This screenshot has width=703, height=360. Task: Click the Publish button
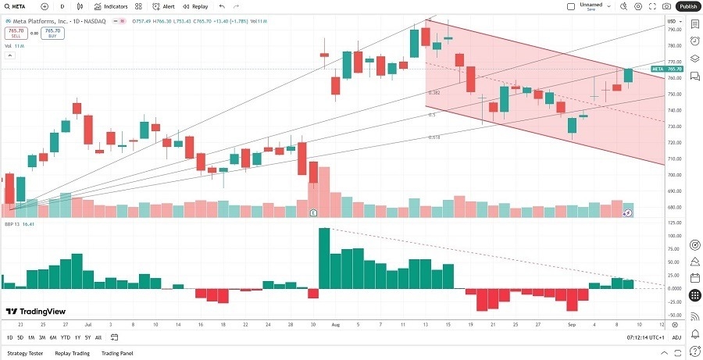[x=687, y=6]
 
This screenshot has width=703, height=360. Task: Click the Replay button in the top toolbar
[x=197, y=6]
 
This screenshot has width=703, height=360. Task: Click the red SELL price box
[x=15, y=33]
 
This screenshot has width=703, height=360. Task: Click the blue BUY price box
[x=53, y=33]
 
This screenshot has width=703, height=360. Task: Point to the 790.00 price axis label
[x=673, y=29]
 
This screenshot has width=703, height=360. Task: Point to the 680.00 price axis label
[x=673, y=208]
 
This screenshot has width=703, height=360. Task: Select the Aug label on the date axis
[x=337, y=323]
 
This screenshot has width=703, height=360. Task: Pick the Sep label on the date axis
[x=572, y=323]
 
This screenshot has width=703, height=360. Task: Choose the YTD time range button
[x=65, y=337]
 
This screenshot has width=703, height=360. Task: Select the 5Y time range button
[x=87, y=337]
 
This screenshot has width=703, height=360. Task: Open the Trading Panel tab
[x=117, y=353]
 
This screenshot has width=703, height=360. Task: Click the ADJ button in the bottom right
[x=676, y=337]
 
